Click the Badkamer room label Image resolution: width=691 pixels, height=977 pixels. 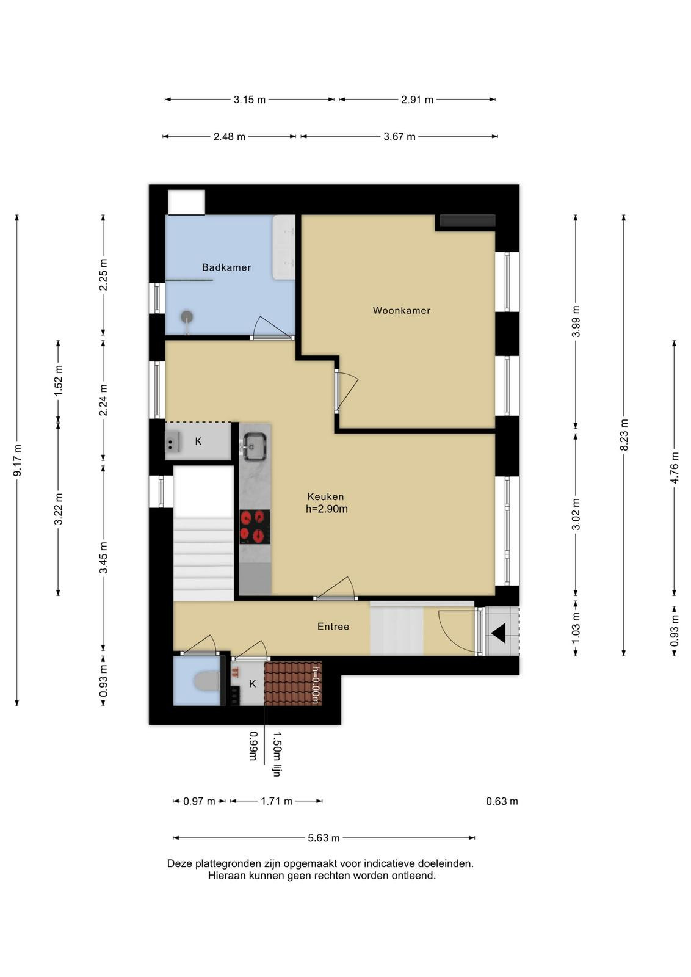(x=226, y=267)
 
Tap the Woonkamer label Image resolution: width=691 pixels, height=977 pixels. (x=402, y=311)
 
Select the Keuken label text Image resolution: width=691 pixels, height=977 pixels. (x=326, y=496)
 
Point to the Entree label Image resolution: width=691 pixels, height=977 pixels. (x=333, y=627)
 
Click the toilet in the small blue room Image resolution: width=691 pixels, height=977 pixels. (x=207, y=681)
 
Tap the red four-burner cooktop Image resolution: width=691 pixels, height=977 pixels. (x=255, y=527)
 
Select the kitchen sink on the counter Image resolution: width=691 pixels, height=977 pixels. (x=255, y=446)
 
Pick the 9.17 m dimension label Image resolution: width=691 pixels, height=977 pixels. (x=17, y=460)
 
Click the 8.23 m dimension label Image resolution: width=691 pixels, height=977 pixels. (x=624, y=435)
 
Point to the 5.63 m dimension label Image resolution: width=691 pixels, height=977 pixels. (x=324, y=838)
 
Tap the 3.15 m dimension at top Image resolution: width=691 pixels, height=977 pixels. (x=250, y=100)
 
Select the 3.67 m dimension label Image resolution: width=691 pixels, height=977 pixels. (x=399, y=137)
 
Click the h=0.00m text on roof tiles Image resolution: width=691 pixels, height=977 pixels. (x=316, y=685)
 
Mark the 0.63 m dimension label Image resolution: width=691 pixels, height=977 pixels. (x=502, y=801)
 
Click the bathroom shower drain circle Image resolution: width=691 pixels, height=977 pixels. (x=187, y=316)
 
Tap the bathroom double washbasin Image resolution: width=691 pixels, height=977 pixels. (x=283, y=247)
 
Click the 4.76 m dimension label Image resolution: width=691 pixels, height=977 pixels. (x=675, y=468)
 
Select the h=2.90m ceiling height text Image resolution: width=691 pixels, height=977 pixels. (x=327, y=509)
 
